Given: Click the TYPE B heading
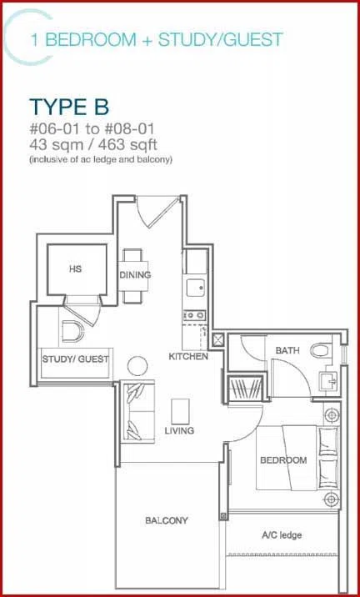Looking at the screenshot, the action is (x=69, y=107).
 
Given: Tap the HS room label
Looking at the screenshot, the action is (x=75, y=268).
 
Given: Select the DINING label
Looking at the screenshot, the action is (x=135, y=275).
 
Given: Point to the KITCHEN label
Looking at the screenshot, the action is (x=188, y=357).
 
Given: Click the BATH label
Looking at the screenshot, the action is (x=287, y=350).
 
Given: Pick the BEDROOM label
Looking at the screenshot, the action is (x=283, y=460).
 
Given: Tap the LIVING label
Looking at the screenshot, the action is (x=179, y=430).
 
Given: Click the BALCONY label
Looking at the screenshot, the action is (x=167, y=520).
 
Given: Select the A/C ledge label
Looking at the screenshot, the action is (x=282, y=535).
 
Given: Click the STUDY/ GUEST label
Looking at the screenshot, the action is (x=75, y=359).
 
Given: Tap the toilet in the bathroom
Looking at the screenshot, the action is (x=322, y=350).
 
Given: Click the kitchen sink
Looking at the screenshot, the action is (x=196, y=287).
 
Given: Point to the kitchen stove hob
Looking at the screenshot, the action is (x=195, y=315).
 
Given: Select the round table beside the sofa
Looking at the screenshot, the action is (x=137, y=366).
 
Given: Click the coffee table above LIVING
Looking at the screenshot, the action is (x=180, y=411).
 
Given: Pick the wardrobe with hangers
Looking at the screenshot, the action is (x=246, y=389).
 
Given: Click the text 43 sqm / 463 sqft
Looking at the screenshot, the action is (x=93, y=145).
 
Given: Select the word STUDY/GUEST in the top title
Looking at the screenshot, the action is (x=221, y=39).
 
